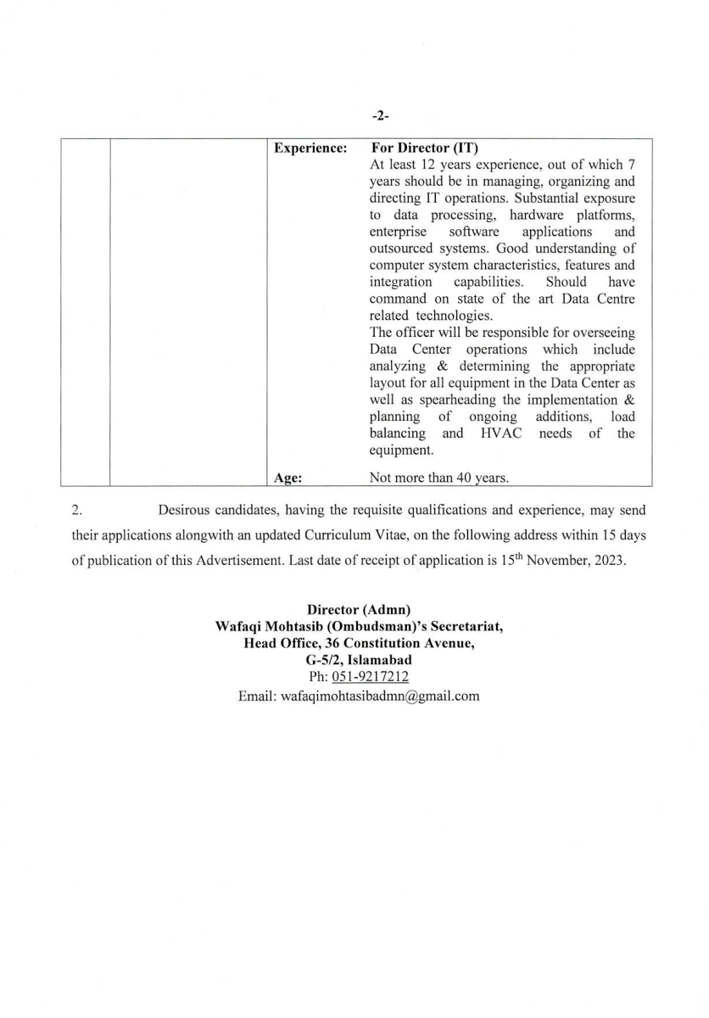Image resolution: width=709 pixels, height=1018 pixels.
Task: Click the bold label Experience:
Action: [310, 148]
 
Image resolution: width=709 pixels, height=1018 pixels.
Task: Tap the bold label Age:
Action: [289, 478]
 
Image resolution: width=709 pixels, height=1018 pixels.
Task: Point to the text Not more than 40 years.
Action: [439, 478]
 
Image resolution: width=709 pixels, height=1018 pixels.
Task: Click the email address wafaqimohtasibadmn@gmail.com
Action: [359, 696]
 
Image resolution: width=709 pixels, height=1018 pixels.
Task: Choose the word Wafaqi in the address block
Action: [240, 627]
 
